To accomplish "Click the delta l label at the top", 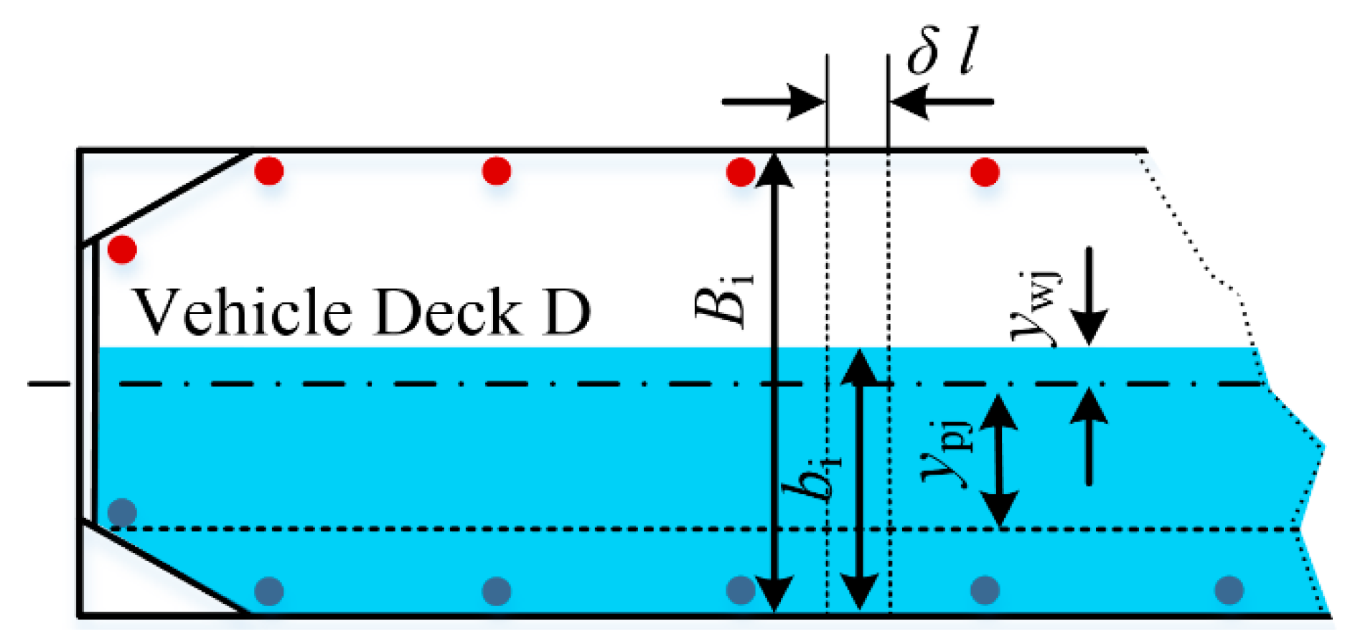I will coord(942,54).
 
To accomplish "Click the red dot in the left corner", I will coord(122,250).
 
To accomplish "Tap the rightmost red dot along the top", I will coord(985,172).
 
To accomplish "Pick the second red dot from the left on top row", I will coord(497,171).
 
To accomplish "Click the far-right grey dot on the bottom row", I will coord(1229,590).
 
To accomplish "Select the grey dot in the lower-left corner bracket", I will coord(122,512).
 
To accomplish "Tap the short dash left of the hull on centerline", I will coord(48,384).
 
